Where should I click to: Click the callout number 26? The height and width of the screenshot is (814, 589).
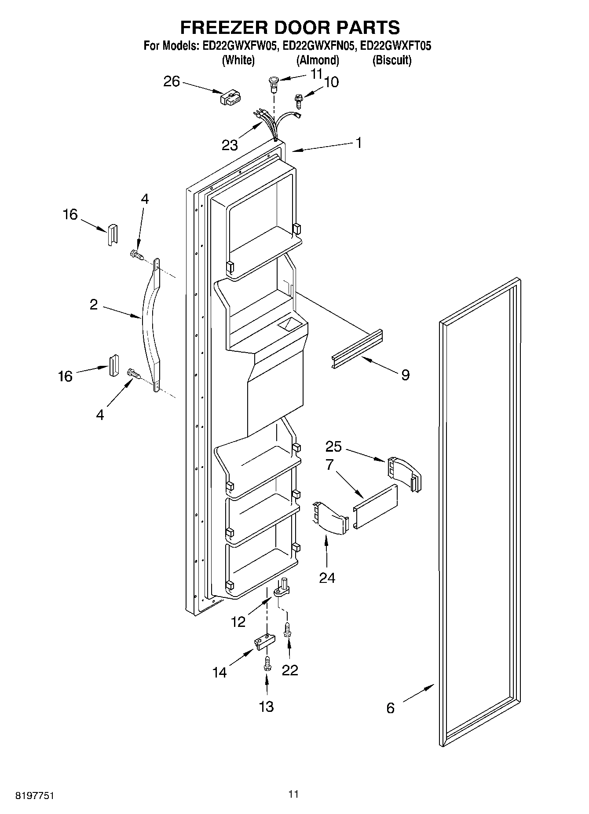point(172,81)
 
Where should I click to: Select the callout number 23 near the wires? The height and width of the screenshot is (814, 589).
point(230,145)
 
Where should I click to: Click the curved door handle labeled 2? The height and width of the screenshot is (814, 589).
point(150,326)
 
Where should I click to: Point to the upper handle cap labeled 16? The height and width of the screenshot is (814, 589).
point(113,233)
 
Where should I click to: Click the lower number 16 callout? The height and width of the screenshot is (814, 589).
point(65,376)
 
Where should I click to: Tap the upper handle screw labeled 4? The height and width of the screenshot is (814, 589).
point(136,254)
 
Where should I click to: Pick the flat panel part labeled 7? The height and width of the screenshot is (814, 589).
point(375,506)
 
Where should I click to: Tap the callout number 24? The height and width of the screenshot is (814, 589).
point(327,578)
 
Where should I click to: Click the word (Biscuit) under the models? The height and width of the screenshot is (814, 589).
point(391,60)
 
